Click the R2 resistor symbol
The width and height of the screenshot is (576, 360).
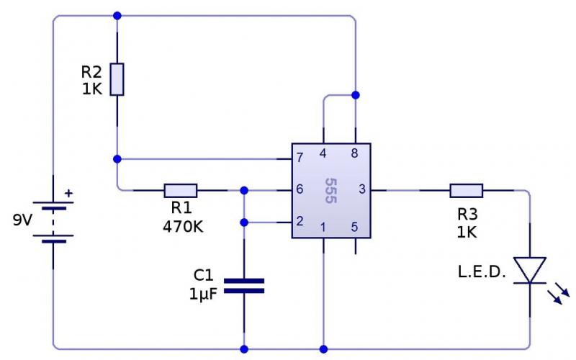(x=117, y=79)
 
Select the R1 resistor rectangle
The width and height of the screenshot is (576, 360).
(x=181, y=191)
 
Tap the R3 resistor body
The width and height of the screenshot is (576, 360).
(x=466, y=191)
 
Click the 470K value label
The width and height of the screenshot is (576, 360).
(x=183, y=227)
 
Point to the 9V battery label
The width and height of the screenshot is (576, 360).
(x=23, y=220)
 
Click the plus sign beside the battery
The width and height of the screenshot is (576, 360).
(x=68, y=193)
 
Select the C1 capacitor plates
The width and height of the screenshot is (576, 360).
(x=244, y=286)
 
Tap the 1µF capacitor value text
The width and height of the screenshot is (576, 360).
(x=203, y=294)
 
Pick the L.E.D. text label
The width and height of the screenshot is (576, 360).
(x=482, y=272)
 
